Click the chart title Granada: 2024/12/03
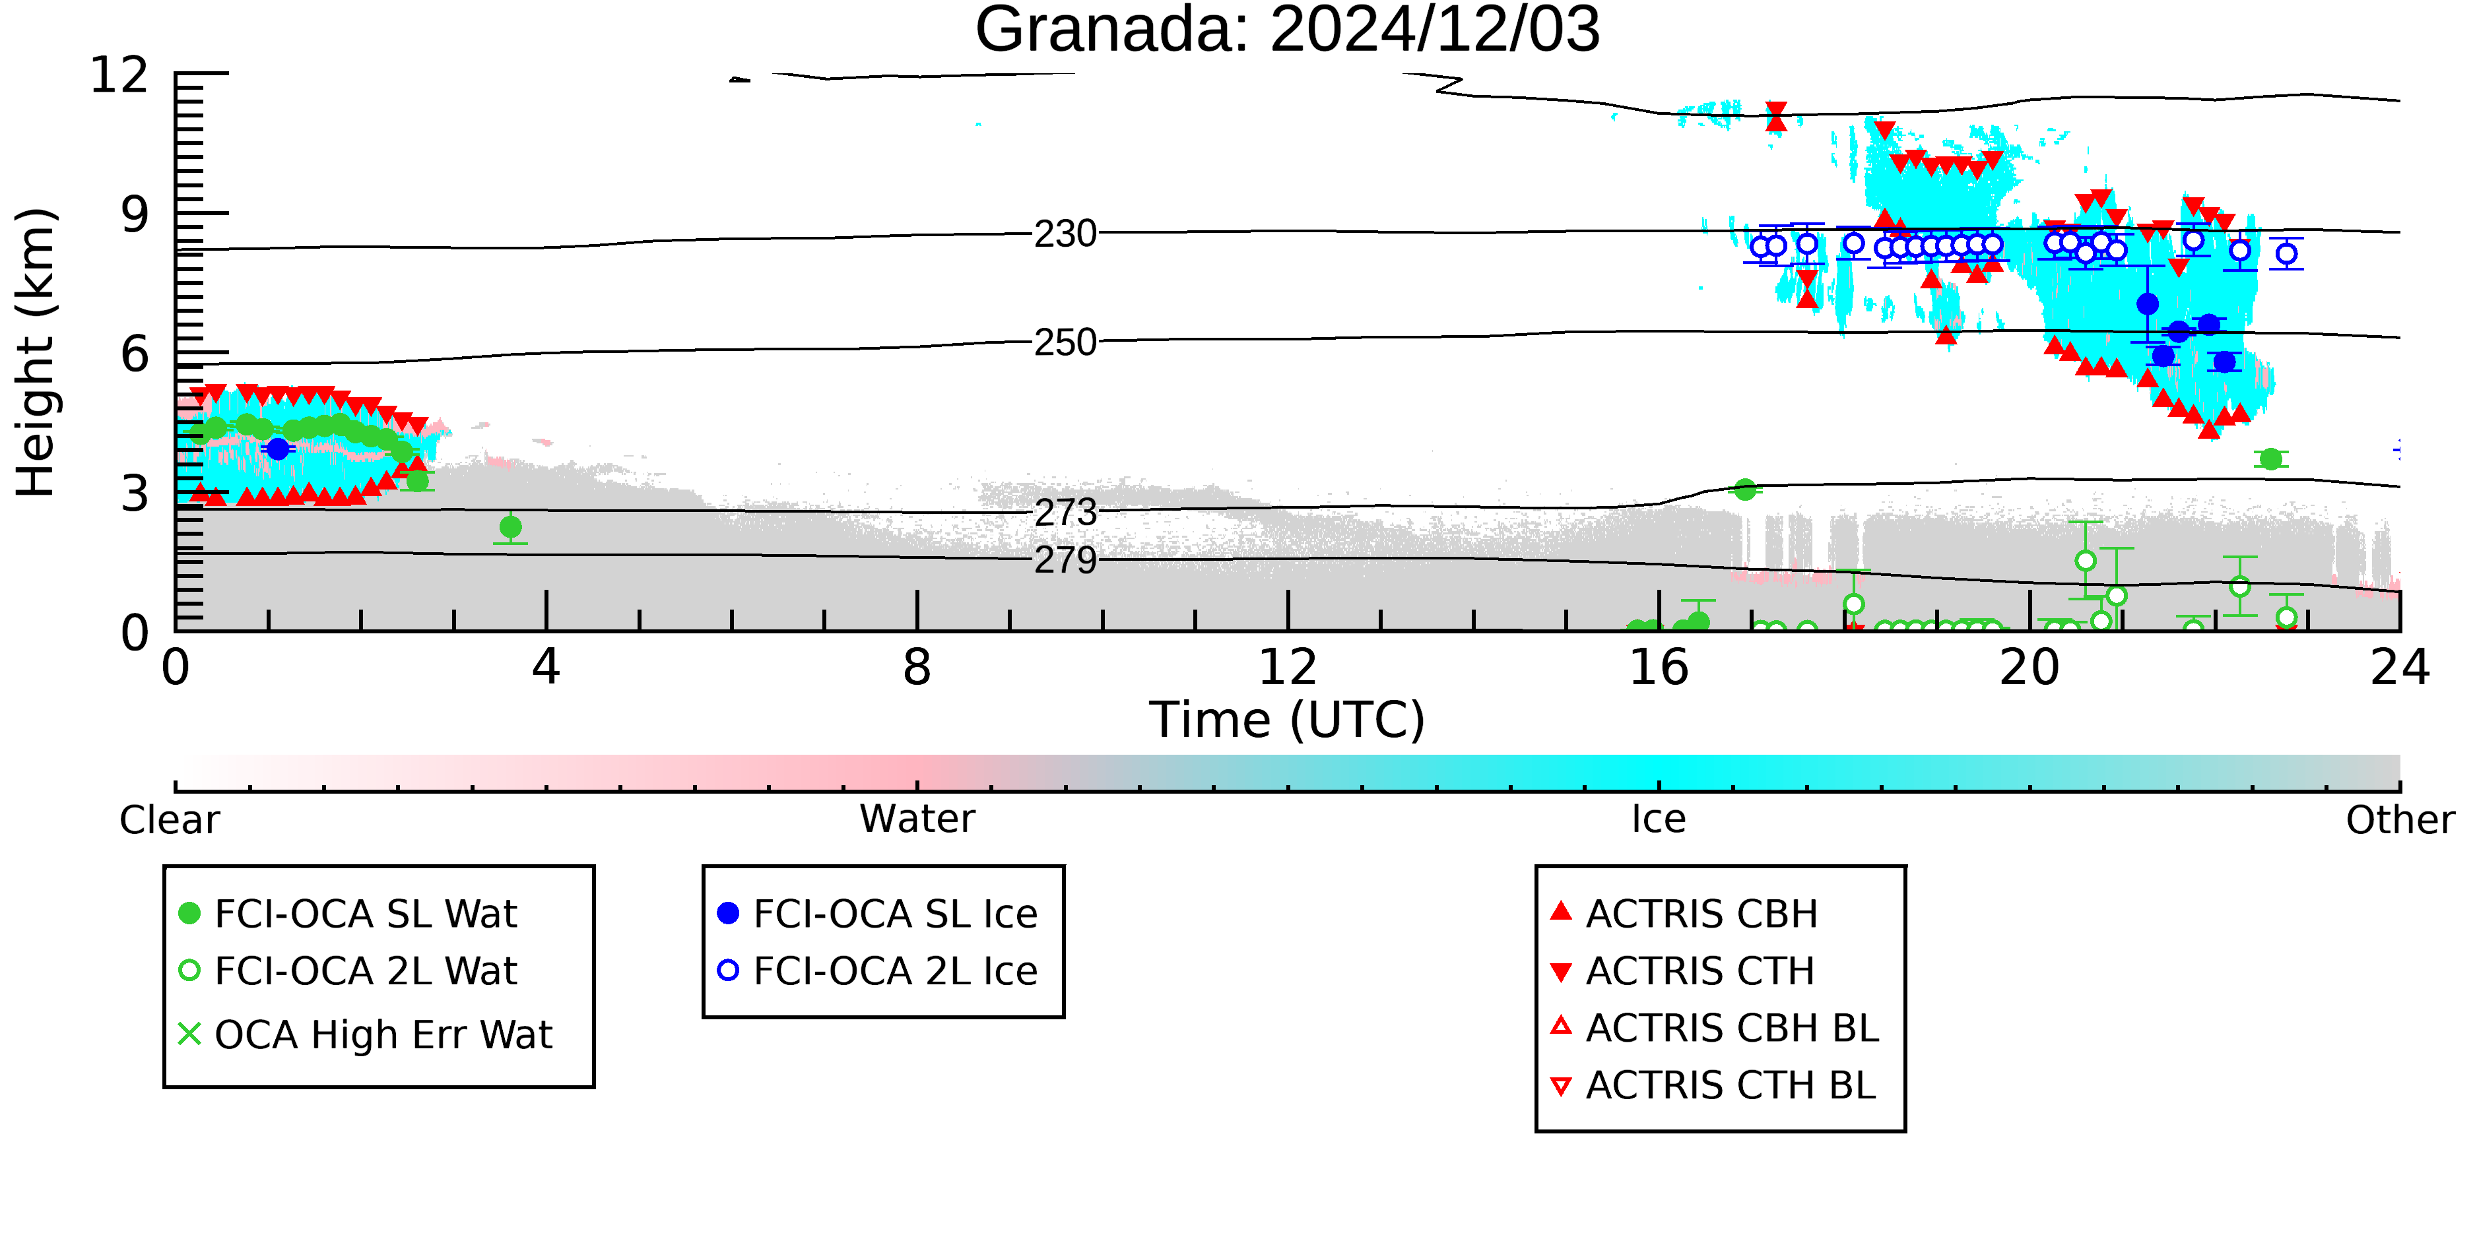coord(1288,31)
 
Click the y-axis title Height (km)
coord(36,352)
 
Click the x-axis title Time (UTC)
coord(1288,720)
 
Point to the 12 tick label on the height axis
coord(119,75)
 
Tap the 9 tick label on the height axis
coord(135,214)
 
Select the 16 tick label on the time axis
coord(1659,668)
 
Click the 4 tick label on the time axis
coord(546,668)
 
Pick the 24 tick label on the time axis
coord(2400,668)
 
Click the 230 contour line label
coord(1065,234)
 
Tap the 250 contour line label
coord(1065,342)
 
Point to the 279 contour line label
coord(1065,560)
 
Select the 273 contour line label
coord(1065,512)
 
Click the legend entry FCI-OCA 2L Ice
coord(877,971)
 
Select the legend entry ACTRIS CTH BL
coord(1713,1086)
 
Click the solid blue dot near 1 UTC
coord(278,449)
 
